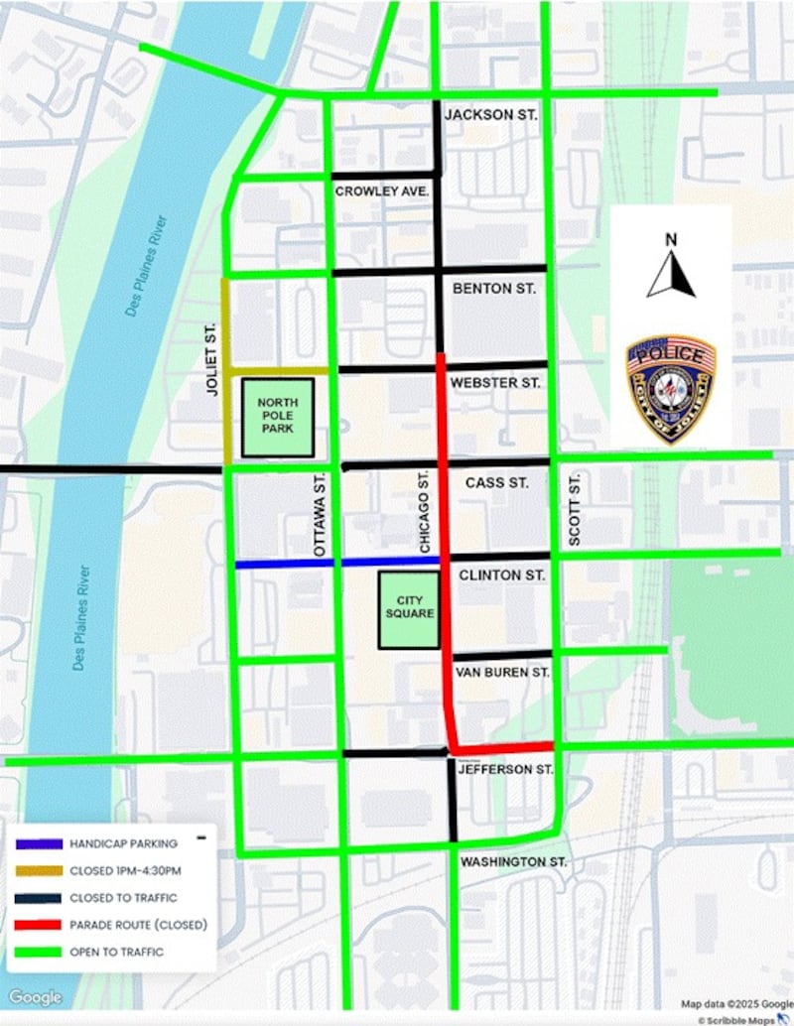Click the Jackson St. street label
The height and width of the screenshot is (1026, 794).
point(490,115)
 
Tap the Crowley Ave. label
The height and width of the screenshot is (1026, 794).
point(382,191)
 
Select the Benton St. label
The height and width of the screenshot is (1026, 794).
point(493,289)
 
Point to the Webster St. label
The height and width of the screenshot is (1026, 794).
point(496,382)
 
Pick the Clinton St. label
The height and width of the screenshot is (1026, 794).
point(501,575)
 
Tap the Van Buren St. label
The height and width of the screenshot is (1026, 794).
point(502,672)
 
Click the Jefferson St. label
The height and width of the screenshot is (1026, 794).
point(502,769)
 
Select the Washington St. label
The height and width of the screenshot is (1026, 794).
point(513,862)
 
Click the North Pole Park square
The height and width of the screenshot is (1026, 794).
point(278,417)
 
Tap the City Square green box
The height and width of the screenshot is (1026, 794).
point(409,607)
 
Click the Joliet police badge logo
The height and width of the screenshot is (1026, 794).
point(671,388)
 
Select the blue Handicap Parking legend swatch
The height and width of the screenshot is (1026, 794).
point(38,843)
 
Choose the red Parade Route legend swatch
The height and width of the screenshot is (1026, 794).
point(38,925)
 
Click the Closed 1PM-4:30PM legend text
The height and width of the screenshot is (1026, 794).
point(126,871)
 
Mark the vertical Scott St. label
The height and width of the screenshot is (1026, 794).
point(574,508)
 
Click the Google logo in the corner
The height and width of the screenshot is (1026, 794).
point(35,997)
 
